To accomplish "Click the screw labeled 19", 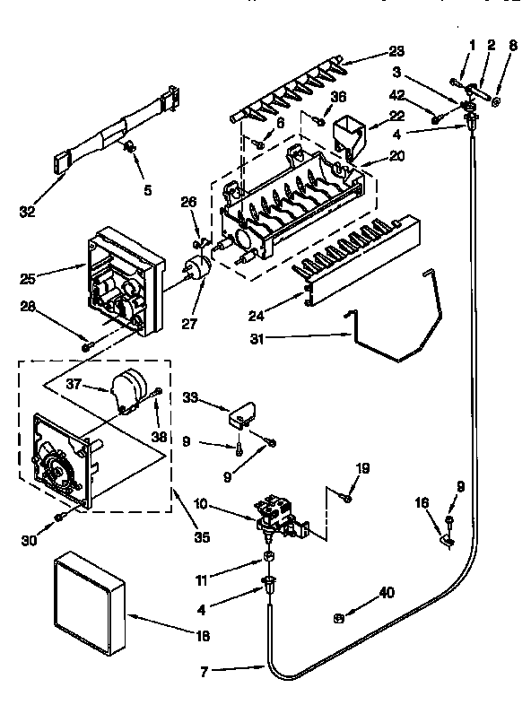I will [347, 495].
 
